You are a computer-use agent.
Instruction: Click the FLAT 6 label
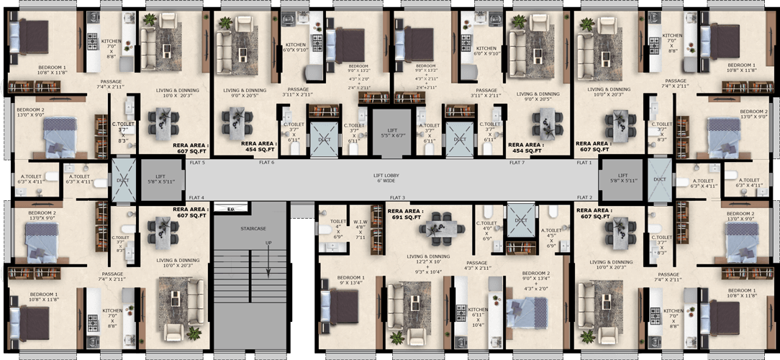(266, 163)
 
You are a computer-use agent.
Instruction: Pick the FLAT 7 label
(516, 163)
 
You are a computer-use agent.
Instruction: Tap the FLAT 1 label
(584, 163)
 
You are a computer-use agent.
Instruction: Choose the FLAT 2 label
(584, 197)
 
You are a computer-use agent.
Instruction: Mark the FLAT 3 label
(397, 197)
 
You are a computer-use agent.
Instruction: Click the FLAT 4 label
(196, 197)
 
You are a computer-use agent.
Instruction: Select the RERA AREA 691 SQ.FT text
(405, 213)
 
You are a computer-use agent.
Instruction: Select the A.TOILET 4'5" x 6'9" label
(550, 238)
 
